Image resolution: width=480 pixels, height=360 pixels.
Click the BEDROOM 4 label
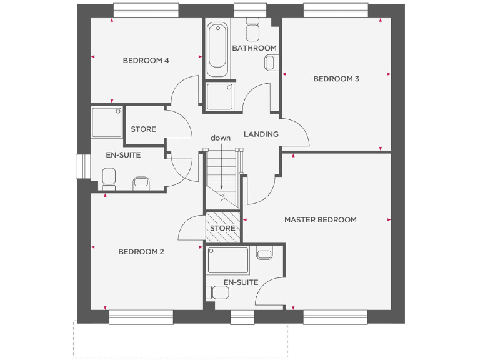146,61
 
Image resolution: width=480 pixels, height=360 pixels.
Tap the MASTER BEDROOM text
320,220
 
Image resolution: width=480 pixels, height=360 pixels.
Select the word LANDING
261,134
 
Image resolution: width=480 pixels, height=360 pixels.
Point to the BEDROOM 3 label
336,79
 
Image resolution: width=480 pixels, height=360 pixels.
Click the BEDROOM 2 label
141,252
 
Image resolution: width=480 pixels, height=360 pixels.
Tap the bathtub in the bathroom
217,45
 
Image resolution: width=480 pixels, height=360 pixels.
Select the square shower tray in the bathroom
220,96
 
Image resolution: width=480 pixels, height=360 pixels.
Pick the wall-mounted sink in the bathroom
271,62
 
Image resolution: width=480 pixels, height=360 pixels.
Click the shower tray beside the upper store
106,122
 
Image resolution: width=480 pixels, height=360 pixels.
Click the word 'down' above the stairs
221,137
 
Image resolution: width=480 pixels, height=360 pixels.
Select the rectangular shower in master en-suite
229,260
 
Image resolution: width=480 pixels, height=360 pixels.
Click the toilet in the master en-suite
217,292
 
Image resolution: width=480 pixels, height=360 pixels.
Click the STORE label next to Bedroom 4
143,129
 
